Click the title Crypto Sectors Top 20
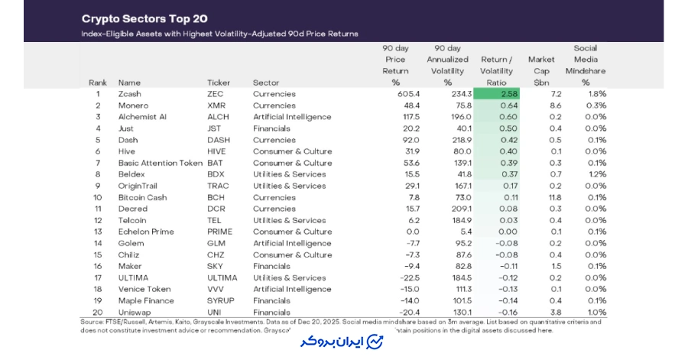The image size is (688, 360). point(144,18)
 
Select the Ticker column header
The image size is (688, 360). point(219,83)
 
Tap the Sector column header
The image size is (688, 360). point(266,83)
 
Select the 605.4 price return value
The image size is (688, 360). point(395,94)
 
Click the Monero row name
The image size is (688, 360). point(133,105)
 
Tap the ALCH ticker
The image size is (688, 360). point(217,117)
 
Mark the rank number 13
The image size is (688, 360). point(98,232)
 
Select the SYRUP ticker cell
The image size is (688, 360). point(220,300)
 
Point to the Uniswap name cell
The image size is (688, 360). point(134,312)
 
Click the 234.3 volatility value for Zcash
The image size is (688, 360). point(448,94)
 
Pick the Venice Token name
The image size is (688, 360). point(144,289)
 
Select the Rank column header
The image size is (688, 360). point(98,83)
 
